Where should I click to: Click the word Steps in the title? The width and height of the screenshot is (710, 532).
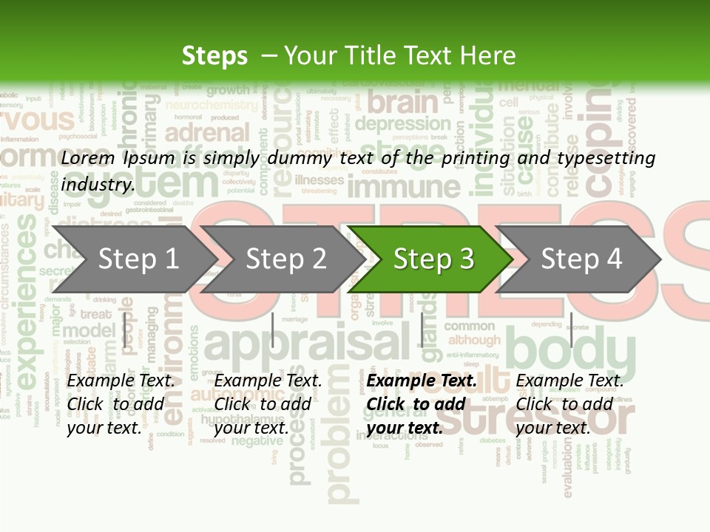click(214, 56)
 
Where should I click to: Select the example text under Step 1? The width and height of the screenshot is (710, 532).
click(121, 404)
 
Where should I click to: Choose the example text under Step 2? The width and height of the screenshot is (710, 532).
click(268, 404)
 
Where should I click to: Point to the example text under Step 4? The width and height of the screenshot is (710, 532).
click(569, 404)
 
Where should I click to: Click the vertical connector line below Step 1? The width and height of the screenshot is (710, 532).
click(125, 330)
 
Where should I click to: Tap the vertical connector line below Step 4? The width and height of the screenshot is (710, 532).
click(571, 330)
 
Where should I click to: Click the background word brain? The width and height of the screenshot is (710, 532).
click(403, 101)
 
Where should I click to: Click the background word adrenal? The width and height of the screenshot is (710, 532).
click(207, 134)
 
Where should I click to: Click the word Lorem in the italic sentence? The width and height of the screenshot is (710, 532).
click(88, 158)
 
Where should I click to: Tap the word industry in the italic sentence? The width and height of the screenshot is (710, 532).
click(98, 185)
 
